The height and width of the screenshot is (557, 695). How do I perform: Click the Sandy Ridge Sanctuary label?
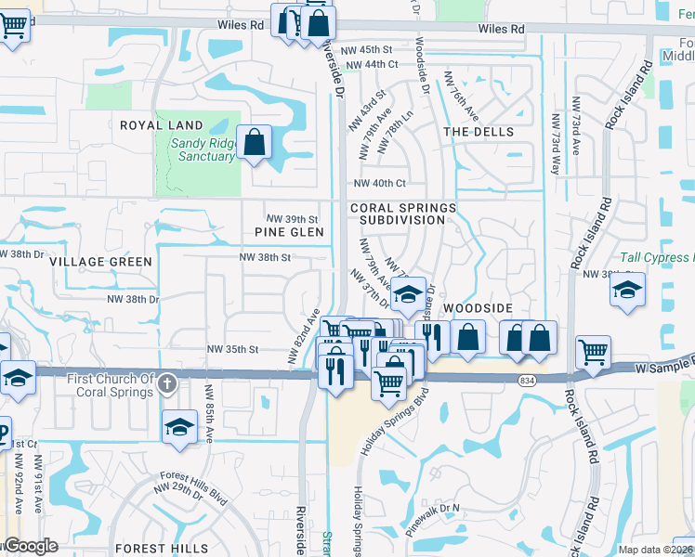click(202, 149)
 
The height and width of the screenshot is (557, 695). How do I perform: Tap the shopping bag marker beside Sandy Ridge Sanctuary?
click(254, 143)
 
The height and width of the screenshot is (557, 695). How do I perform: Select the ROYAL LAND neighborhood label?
click(161, 125)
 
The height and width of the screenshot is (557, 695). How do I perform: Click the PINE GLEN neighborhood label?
click(290, 232)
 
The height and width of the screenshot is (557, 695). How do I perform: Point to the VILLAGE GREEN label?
click(100, 262)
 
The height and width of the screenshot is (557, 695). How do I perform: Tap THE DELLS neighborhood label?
click(479, 132)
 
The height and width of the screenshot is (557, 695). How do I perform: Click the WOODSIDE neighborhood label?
click(478, 307)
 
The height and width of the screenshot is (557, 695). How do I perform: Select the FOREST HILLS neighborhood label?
click(161, 549)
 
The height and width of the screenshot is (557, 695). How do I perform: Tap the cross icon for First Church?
click(167, 382)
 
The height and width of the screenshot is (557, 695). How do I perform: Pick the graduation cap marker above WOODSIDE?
click(407, 294)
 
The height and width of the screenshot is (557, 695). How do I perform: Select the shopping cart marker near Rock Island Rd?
click(593, 352)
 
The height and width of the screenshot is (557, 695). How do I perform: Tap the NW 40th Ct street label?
click(379, 183)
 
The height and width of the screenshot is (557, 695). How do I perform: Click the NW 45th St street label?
click(373, 49)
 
